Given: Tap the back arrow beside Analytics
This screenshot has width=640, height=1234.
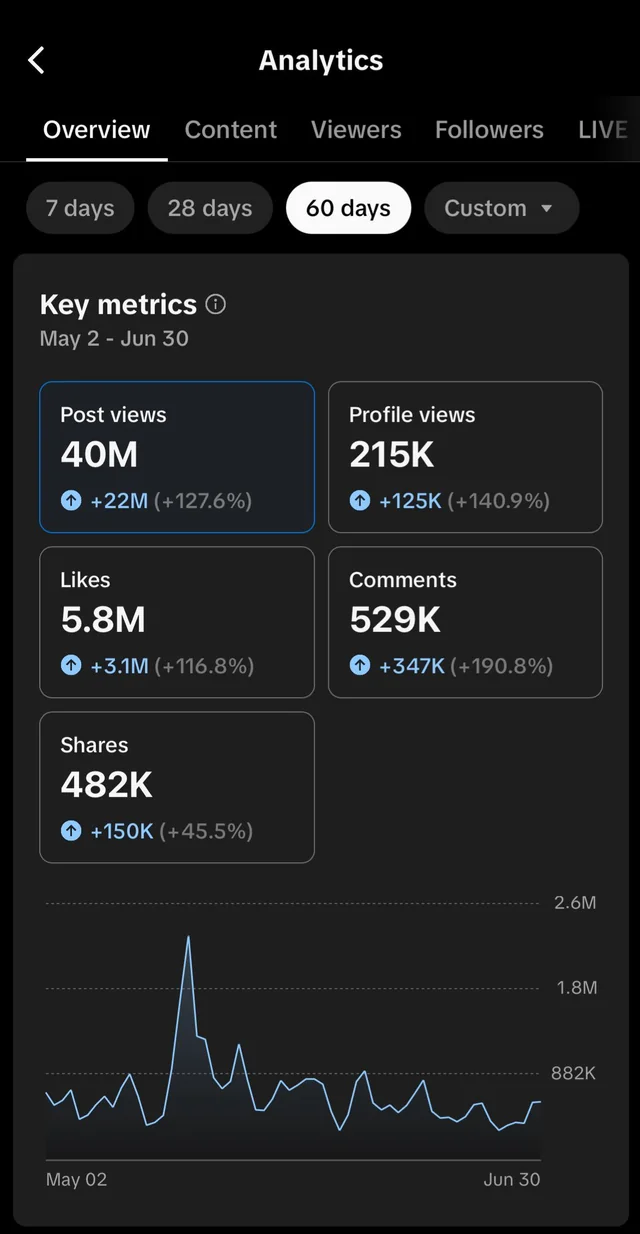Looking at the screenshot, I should click(x=36, y=61).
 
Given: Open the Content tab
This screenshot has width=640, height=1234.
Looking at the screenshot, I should click(x=231, y=130).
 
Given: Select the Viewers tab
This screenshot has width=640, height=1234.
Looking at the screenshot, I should click(x=356, y=130).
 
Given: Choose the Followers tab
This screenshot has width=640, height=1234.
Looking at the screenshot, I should click(x=489, y=130).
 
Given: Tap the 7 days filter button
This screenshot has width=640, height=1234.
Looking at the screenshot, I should click(x=80, y=208).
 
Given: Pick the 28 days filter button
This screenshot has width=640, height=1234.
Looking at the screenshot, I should click(x=210, y=208).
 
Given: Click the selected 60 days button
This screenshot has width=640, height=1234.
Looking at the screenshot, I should click(x=348, y=208).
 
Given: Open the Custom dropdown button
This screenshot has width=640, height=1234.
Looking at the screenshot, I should click(x=501, y=208).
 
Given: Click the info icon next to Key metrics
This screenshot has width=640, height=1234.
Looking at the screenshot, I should click(x=215, y=304).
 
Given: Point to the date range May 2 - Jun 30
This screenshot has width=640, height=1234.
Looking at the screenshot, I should click(x=114, y=339).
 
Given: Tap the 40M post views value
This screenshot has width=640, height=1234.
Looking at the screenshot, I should click(x=99, y=455).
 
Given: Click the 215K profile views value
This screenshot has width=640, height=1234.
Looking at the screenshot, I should click(x=392, y=455).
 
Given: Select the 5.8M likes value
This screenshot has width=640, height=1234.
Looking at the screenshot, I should click(x=103, y=620).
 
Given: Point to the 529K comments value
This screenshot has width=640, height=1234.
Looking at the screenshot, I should click(x=395, y=620).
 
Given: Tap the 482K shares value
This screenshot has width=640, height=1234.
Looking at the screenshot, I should click(x=107, y=785).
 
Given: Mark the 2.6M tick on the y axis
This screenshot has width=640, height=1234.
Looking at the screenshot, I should click(x=575, y=903).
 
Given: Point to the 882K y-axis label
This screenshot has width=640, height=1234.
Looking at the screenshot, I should click(x=573, y=1073).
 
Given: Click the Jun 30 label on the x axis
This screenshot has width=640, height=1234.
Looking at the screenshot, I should click(x=511, y=1180).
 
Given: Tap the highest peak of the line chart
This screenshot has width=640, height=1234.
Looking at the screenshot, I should click(x=188, y=937).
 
